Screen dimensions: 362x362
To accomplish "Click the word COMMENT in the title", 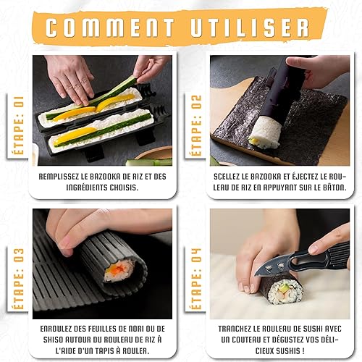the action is tap(110, 28).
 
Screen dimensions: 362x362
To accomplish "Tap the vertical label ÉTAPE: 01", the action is tap(19, 125).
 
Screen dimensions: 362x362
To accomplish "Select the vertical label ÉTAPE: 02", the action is tap(196, 125).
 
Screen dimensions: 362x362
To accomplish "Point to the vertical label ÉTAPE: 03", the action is tap(19, 279).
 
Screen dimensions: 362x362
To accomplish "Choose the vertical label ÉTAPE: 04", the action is tap(196, 279).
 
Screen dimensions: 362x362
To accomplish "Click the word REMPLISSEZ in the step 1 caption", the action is tap(59, 177).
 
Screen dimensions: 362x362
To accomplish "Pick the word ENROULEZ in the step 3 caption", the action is tap(56, 329).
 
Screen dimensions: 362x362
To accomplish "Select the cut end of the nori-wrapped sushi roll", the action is tap(285, 292).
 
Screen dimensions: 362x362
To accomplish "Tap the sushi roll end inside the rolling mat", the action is tap(119, 271).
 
